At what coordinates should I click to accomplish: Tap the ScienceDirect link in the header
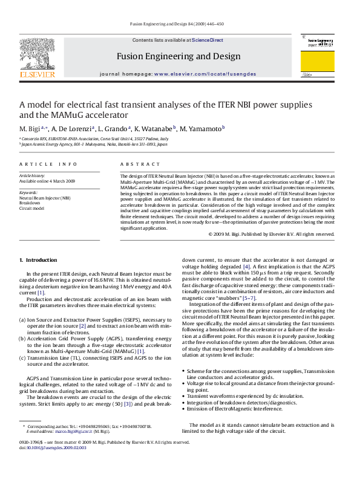(208, 41)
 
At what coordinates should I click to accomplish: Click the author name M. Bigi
(30, 129)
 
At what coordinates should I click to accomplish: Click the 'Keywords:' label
(28, 193)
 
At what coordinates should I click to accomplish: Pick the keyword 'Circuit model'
(32, 207)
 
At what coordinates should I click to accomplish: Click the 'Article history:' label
(32, 175)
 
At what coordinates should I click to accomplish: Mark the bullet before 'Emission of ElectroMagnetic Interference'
(183, 409)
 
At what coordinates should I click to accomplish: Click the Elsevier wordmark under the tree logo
(38, 75)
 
